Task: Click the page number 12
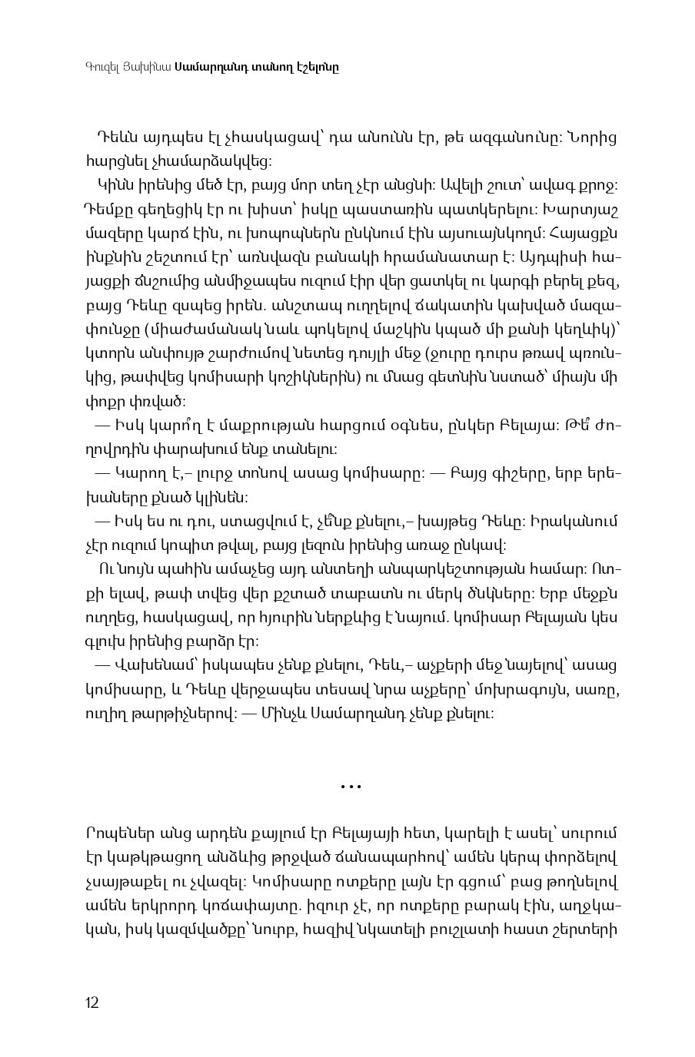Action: (x=91, y=1002)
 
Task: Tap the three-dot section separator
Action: (x=351, y=786)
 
